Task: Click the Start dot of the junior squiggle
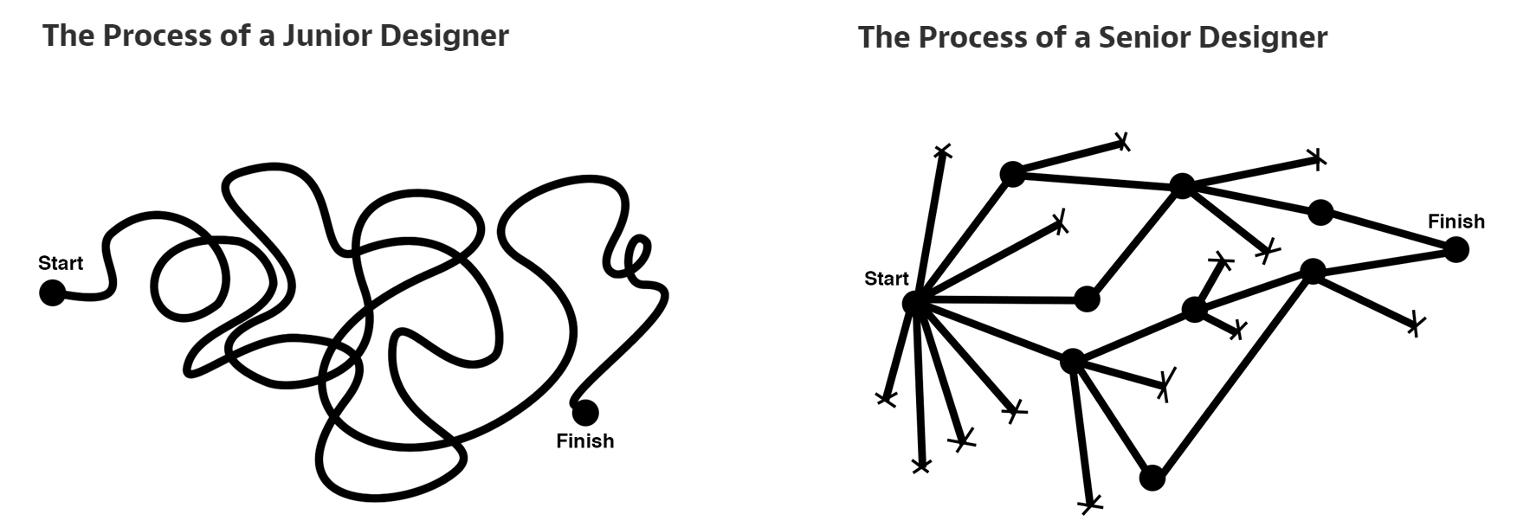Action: click(52, 293)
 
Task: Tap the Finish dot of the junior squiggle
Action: click(585, 412)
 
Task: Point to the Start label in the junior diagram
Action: click(61, 263)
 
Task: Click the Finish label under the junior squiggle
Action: click(585, 441)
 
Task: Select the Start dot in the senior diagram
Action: click(915, 303)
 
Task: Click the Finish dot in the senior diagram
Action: click(1456, 250)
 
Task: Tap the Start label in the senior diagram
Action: click(887, 279)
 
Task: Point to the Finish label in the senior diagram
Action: click(1456, 222)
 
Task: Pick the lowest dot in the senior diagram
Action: click(1152, 478)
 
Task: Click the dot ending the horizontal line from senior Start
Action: click(1087, 299)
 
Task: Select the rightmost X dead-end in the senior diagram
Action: click(1414, 325)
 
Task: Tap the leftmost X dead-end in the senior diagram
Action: click(886, 398)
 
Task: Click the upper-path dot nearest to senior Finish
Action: click(1320, 212)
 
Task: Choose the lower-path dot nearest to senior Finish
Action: click(1313, 271)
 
